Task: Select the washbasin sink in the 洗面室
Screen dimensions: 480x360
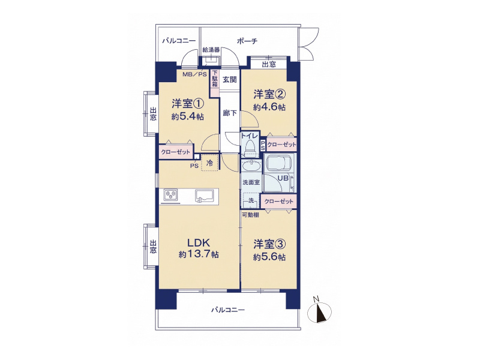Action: (x=251, y=166)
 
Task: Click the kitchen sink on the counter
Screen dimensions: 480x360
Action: (x=205, y=196)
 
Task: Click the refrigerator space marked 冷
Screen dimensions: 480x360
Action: (x=209, y=163)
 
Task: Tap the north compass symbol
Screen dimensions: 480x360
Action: (x=319, y=311)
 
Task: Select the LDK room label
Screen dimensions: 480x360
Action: (x=199, y=243)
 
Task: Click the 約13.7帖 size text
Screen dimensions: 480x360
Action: (x=199, y=254)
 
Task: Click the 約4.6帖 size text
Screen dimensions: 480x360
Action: (x=269, y=107)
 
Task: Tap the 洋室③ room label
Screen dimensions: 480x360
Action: (x=269, y=244)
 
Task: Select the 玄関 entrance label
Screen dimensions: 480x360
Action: (x=230, y=80)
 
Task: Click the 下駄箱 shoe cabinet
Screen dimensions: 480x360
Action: (x=215, y=79)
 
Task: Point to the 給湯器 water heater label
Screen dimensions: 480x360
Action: (x=211, y=50)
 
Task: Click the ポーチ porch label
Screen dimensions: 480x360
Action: (x=247, y=41)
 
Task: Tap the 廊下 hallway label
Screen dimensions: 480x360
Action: (x=230, y=113)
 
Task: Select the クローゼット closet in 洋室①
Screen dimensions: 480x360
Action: (x=176, y=152)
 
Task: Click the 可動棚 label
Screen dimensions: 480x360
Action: (x=250, y=215)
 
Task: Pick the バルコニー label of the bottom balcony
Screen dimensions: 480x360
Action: (x=228, y=310)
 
